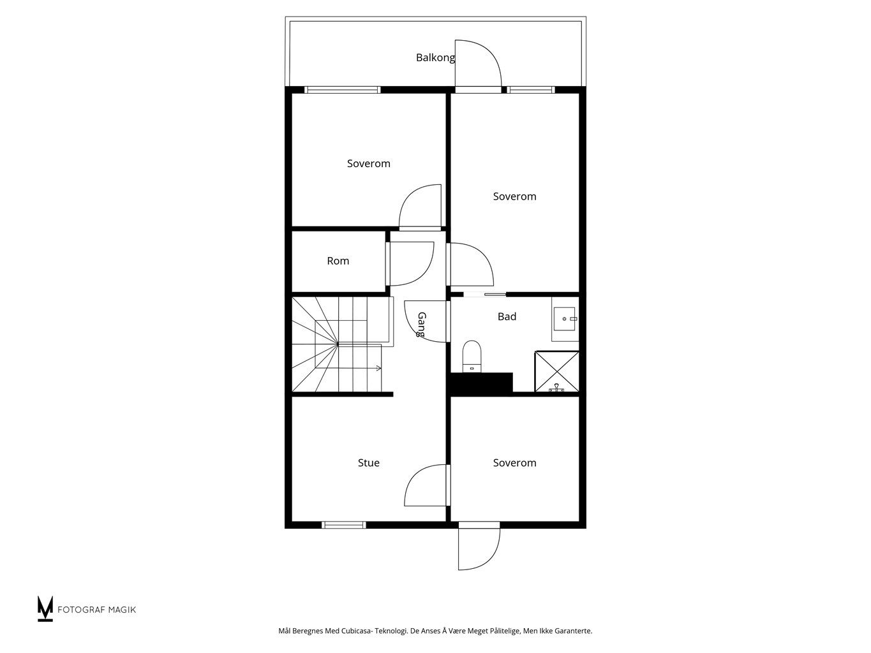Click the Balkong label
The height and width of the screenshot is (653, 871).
[435, 58]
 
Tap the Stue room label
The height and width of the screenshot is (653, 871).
[369, 463]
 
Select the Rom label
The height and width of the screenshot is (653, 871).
[338, 261]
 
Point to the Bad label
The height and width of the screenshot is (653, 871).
[507, 316]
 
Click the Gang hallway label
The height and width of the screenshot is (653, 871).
[422, 325]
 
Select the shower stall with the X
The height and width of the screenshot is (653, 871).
[556, 372]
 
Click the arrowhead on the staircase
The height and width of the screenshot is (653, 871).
[379, 369]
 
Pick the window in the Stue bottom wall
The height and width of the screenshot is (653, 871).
[344, 525]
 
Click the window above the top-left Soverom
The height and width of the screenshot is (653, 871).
[343, 90]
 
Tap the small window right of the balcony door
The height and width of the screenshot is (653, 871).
[530, 90]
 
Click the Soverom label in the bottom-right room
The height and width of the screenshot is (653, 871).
[515, 463]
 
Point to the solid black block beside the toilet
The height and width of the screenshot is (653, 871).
[481, 384]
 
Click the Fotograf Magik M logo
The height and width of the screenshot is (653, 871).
[45, 608]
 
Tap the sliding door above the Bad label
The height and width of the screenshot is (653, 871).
[485, 295]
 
